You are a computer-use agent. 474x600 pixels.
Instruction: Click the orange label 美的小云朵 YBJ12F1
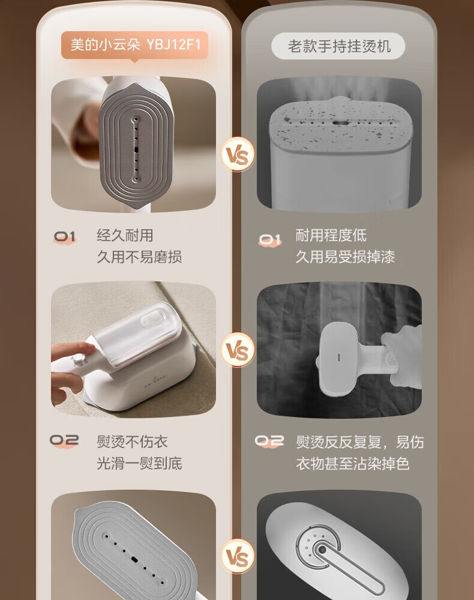134,45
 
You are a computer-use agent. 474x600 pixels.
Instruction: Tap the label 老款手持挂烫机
338,46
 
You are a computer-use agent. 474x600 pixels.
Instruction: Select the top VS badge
237,154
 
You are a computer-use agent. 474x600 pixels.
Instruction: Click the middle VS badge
237,350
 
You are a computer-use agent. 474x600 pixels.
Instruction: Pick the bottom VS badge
237,556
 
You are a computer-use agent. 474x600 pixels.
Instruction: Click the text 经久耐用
125,235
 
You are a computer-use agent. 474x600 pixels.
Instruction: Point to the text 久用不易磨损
139,257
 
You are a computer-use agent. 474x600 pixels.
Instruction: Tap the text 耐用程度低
331,235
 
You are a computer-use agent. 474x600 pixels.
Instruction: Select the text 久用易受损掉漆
345,257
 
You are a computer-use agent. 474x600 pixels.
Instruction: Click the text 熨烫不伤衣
132,442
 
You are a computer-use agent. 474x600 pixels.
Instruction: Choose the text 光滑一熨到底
139,463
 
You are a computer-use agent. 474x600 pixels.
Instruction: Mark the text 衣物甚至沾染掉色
352,464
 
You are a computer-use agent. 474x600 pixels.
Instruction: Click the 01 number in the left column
65,237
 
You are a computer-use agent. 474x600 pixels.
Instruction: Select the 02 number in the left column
64,441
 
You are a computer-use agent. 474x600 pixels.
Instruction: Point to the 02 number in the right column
269,441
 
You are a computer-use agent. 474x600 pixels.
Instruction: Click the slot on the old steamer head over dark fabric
338,358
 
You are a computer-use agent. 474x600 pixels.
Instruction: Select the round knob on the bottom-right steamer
322,550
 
